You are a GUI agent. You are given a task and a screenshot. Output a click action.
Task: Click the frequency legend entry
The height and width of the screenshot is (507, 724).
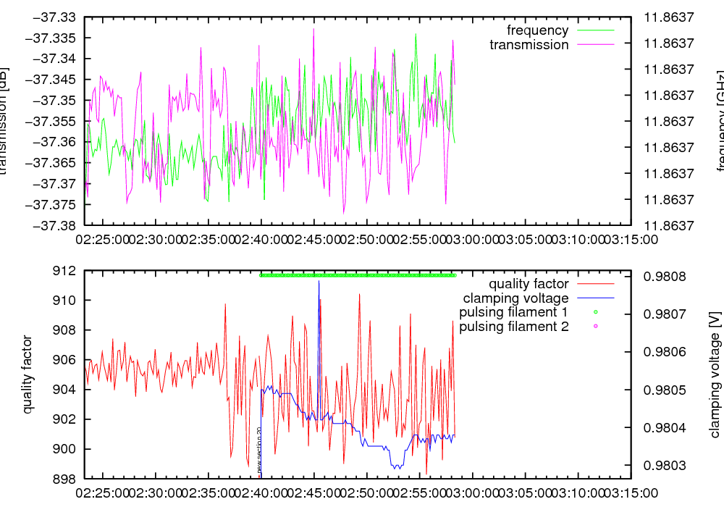coord(537,30)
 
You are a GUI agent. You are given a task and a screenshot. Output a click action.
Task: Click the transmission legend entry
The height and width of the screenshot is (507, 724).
coord(529,45)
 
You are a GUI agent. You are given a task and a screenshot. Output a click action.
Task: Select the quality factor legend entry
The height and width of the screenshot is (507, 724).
coord(529,284)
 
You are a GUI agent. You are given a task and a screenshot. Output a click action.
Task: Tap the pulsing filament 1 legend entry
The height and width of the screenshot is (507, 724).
coord(514,312)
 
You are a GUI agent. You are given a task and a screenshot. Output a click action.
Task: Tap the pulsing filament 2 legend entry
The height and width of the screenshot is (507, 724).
coord(514,327)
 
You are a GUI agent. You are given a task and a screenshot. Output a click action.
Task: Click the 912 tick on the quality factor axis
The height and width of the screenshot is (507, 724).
coord(69,271)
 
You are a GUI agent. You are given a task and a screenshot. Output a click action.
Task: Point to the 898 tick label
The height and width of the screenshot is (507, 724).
coord(69,479)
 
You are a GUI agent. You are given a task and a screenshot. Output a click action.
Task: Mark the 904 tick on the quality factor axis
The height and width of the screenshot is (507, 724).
coord(69,390)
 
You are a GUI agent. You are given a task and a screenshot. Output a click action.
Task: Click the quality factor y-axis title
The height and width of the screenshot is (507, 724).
coord(28,374)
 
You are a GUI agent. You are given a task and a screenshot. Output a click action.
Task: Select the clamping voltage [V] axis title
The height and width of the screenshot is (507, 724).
coord(715,374)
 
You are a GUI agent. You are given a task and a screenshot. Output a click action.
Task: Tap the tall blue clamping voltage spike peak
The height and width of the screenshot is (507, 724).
coord(319,281)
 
